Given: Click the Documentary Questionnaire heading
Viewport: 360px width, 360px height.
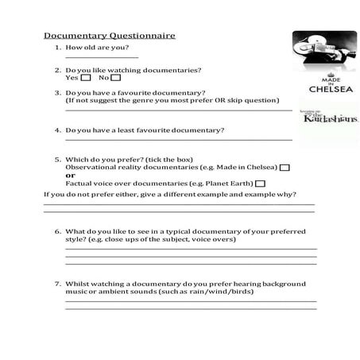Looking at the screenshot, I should point(109,36).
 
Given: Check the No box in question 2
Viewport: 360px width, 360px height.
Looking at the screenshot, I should point(116,78).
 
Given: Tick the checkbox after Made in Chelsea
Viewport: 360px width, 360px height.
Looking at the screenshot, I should point(285,168).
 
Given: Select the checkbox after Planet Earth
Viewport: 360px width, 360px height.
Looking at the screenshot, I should point(261,184).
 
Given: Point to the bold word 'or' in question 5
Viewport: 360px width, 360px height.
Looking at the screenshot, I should point(70,176).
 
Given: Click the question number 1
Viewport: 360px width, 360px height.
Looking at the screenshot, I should point(58,48).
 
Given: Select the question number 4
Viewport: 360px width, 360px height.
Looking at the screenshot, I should point(58,130).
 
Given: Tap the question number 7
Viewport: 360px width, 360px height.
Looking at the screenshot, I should point(58,283).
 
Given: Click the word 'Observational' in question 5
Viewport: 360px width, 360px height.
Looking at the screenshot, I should point(89,168).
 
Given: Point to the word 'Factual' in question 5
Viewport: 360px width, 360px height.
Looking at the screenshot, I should point(79,184).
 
